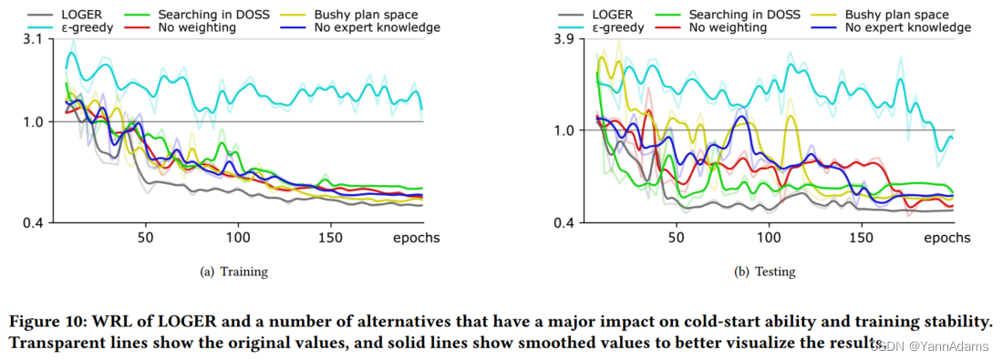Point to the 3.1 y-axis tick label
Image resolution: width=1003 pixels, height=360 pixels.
click(30, 39)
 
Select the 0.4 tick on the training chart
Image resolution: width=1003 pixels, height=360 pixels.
click(30, 222)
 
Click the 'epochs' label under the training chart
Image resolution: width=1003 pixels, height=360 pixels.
click(417, 238)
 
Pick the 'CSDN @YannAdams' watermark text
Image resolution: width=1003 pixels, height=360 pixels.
click(929, 345)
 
